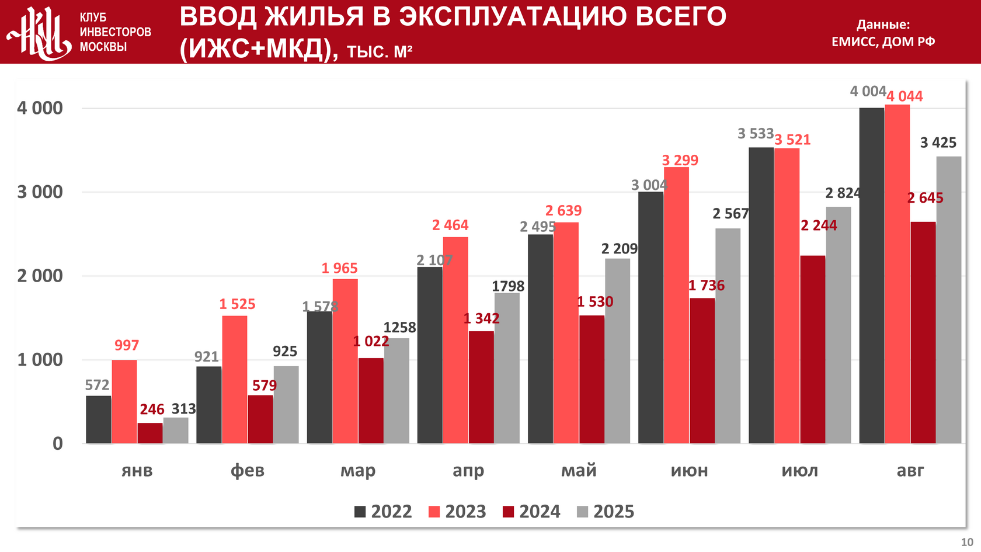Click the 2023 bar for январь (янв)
[124, 402]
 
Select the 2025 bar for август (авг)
[948, 300]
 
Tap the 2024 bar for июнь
[702, 371]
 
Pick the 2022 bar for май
[540, 339]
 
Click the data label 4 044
[905, 96]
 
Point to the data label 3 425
[938, 143]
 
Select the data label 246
[152, 409]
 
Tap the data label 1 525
[237, 304]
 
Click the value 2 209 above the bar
[620, 249]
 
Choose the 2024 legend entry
[531, 512]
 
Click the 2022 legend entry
[383, 512]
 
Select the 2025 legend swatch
[582, 512]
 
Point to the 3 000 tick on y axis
[40, 192]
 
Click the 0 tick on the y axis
[57, 444]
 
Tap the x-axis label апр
[468, 471]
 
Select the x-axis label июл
[799, 471]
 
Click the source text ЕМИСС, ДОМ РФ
[883, 41]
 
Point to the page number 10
[967, 542]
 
